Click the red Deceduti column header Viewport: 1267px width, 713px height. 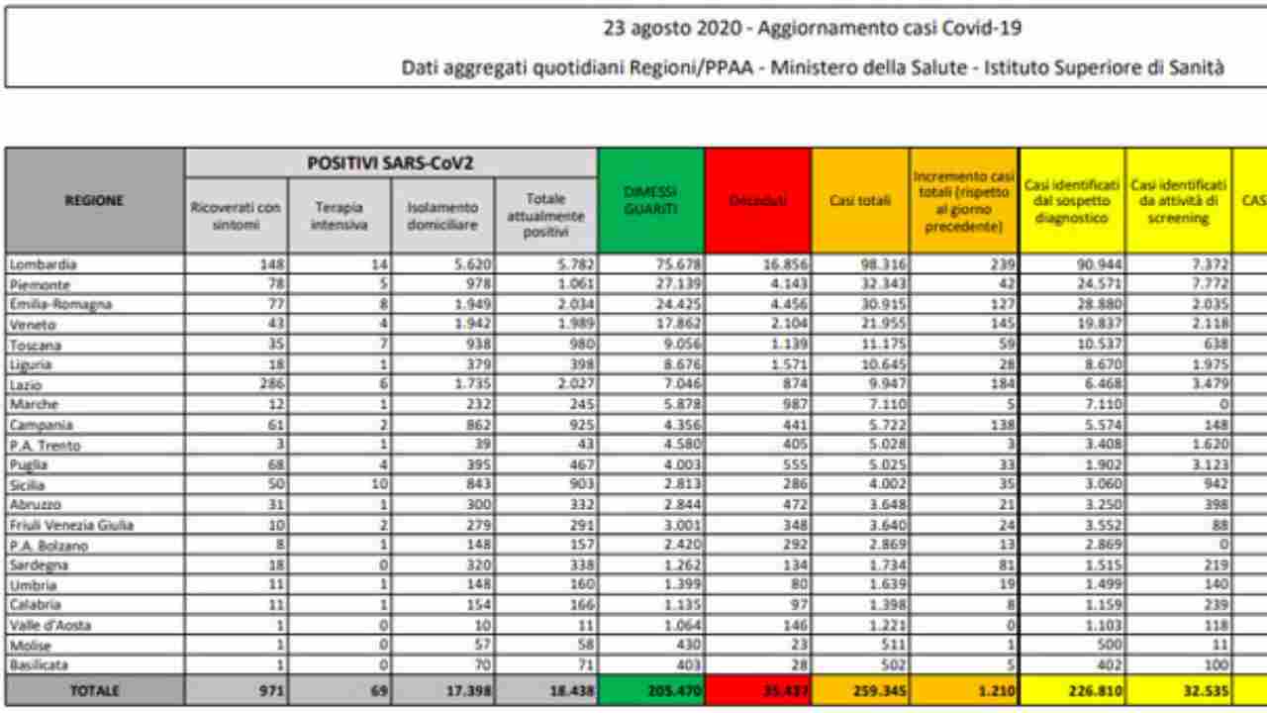click(x=757, y=201)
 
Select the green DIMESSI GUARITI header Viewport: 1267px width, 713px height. click(x=650, y=200)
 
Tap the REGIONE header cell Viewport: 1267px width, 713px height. click(x=95, y=201)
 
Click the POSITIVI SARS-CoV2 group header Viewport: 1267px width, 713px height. click(x=391, y=162)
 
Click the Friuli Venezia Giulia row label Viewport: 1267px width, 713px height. click(x=70, y=525)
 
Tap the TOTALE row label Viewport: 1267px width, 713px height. click(x=95, y=692)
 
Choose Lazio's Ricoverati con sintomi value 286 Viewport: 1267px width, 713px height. click(x=266, y=384)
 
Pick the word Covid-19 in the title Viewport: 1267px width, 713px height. click(x=986, y=29)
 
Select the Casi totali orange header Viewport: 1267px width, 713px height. click(x=860, y=201)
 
